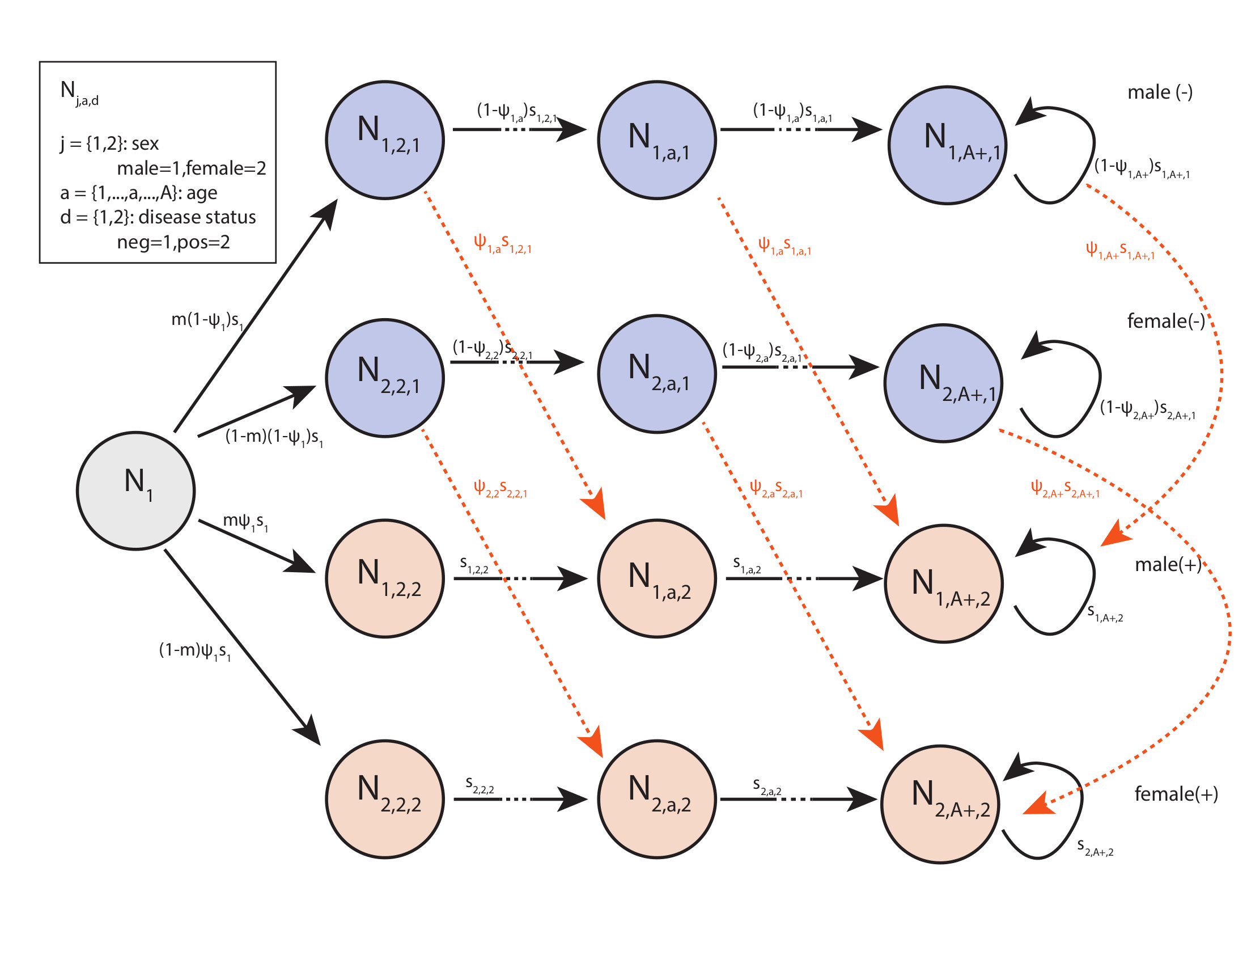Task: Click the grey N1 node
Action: (x=136, y=491)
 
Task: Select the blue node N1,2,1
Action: (x=385, y=140)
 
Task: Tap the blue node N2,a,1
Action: (x=656, y=374)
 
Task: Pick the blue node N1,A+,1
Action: (x=947, y=145)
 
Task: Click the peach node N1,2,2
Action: (x=385, y=578)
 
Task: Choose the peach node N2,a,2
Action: (x=656, y=798)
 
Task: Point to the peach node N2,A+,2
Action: (x=940, y=804)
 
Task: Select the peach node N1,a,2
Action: (x=656, y=578)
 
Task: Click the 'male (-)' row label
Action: (x=1160, y=92)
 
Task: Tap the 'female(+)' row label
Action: (x=1176, y=794)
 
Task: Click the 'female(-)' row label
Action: (x=1165, y=321)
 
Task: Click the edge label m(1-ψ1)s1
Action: (x=207, y=320)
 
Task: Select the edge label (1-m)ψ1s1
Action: (x=194, y=651)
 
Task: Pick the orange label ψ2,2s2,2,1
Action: (x=500, y=489)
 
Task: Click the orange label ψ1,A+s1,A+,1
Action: (x=1119, y=250)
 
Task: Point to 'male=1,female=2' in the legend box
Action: (x=191, y=168)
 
